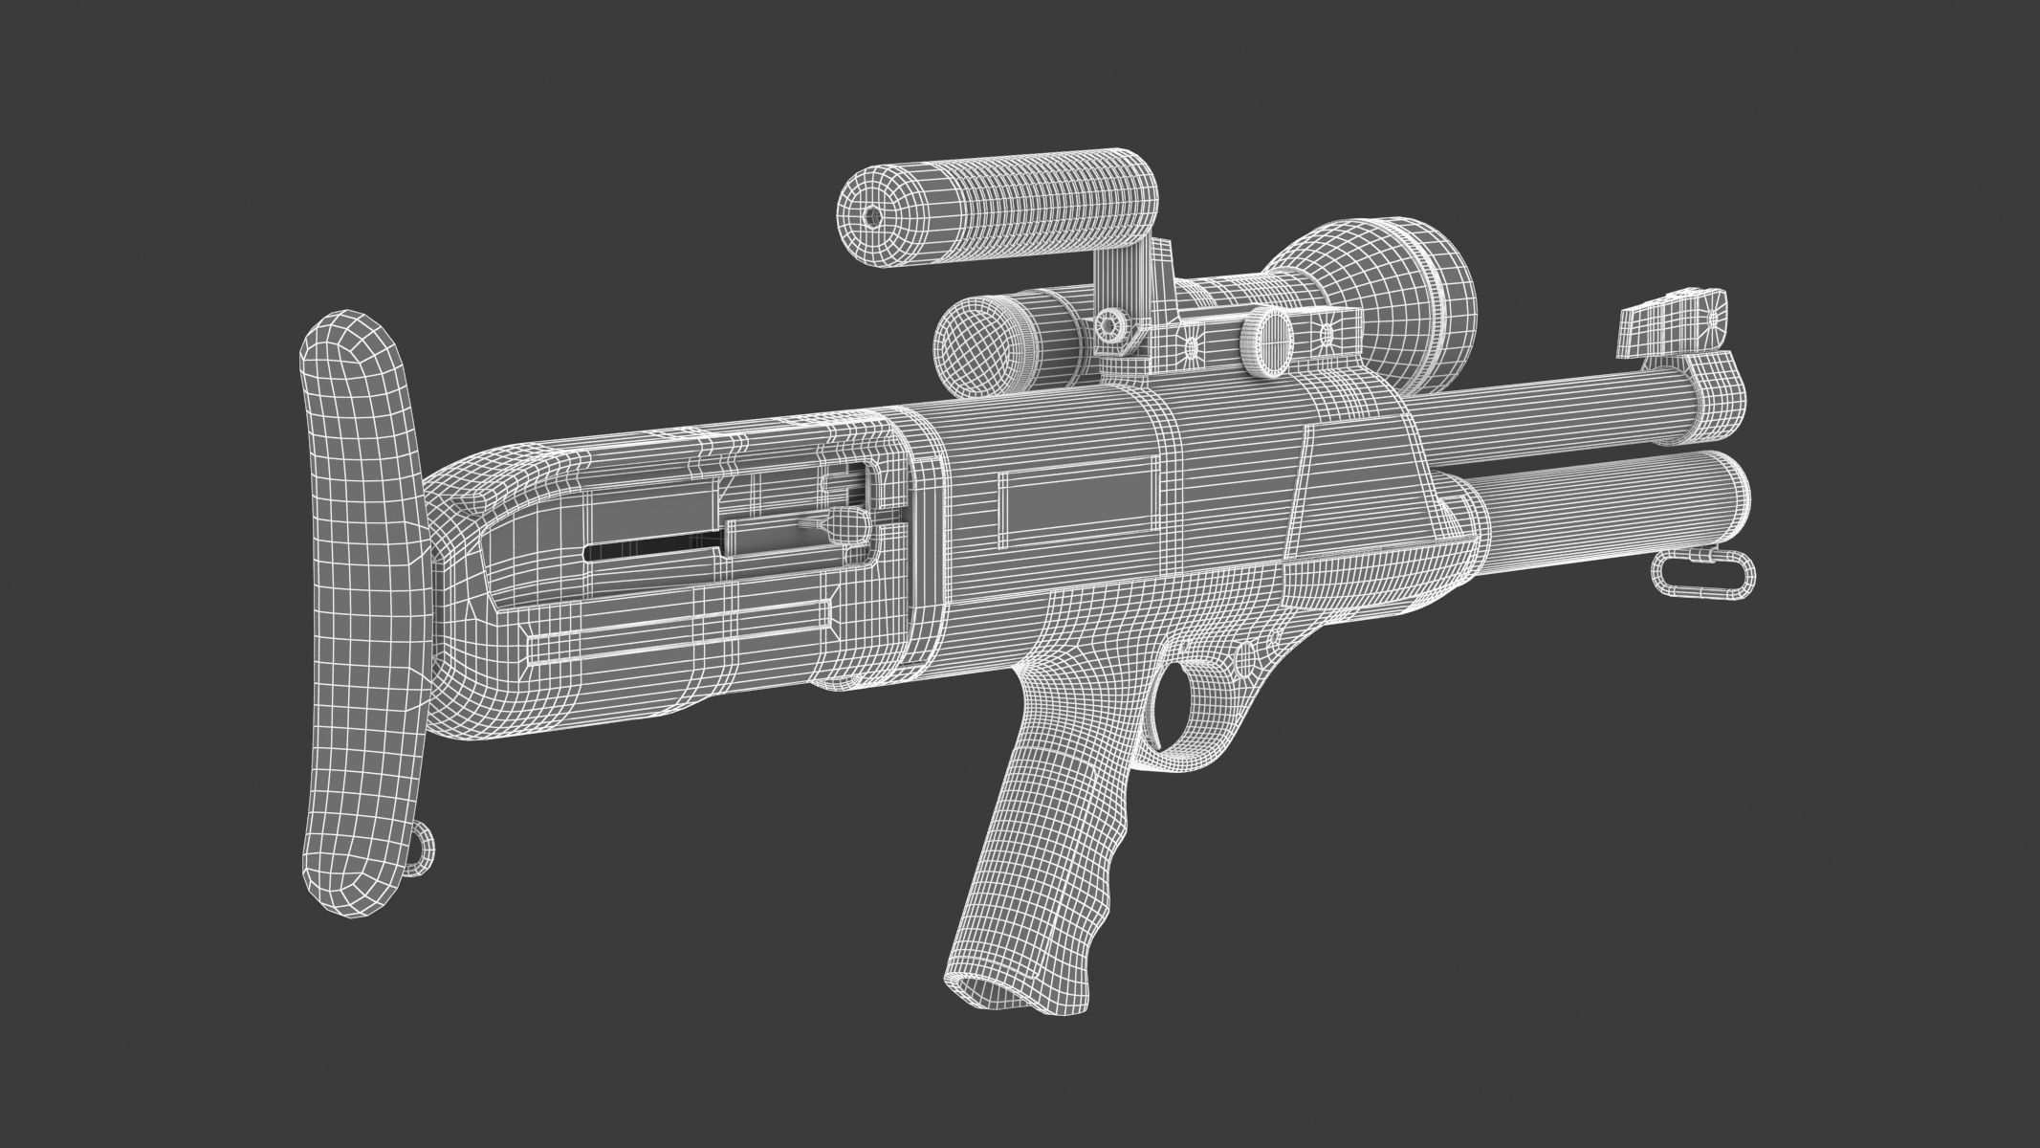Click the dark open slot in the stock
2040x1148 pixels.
point(650,552)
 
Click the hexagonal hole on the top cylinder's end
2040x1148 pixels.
point(872,216)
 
